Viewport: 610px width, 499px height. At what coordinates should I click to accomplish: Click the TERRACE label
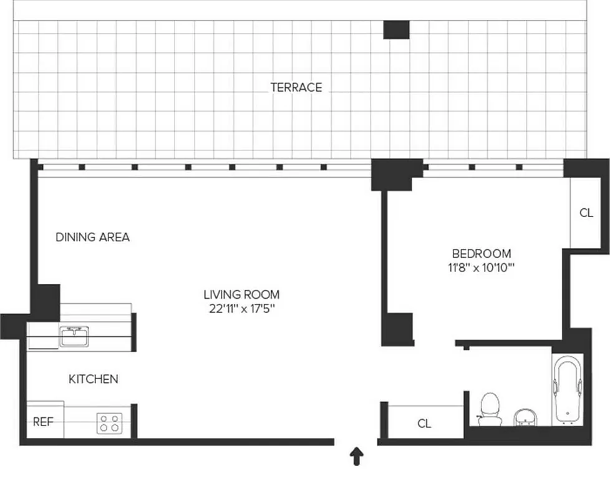tap(296, 87)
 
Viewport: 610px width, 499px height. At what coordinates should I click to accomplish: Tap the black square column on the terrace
tap(396, 29)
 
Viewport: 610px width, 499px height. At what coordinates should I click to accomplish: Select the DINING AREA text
tap(93, 237)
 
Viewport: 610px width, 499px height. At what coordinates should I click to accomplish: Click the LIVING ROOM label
tap(241, 294)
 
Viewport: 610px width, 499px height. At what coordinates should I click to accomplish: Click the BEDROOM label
tap(481, 254)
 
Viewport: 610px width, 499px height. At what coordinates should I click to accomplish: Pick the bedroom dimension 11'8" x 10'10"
tap(481, 268)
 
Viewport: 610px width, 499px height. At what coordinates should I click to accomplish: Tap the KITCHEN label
tap(93, 379)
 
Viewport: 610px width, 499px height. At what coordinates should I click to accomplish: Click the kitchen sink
tap(75, 337)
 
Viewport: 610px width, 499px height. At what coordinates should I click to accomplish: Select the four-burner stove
tap(109, 424)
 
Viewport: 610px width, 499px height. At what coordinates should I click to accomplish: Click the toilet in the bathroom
tap(490, 408)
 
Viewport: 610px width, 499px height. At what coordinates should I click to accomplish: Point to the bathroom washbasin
tap(525, 416)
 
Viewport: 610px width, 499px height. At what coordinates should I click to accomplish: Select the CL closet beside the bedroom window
tap(586, 213)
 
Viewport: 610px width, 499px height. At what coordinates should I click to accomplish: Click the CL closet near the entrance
tap(424, 424)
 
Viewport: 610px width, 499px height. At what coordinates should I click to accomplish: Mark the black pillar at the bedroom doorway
tap(397, 329)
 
